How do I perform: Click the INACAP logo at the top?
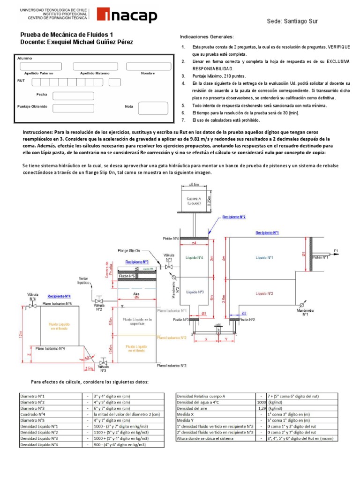point(127,16)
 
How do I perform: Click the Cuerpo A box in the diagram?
point(193,200)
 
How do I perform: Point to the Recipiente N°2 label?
point(233,217)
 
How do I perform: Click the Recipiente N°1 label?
point(267,232)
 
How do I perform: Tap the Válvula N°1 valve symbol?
point(169,267)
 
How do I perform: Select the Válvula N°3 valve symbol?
point(104,363)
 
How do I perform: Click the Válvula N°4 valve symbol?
point(32,306)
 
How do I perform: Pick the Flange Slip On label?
point(130,251)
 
